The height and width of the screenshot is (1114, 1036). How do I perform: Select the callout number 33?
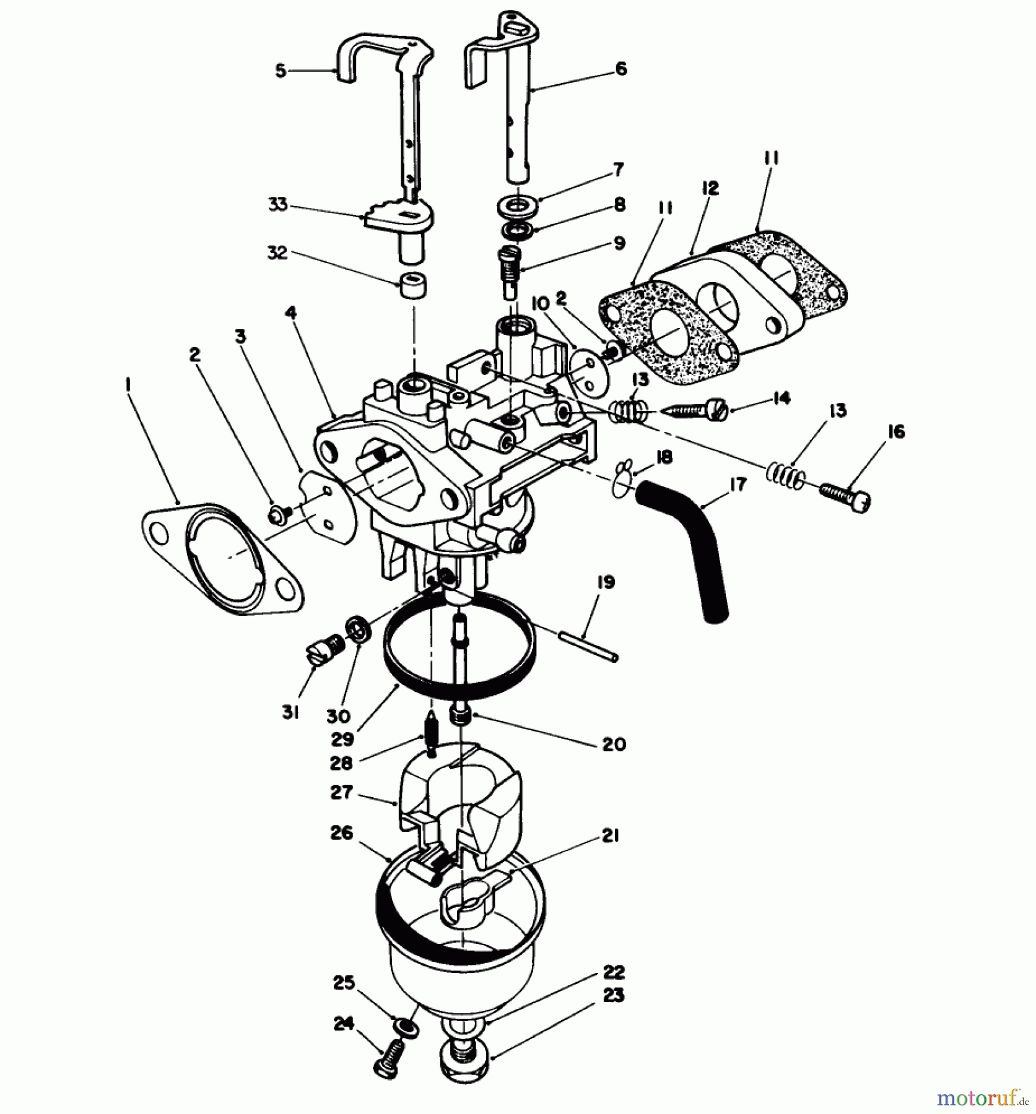[x=278, y=204]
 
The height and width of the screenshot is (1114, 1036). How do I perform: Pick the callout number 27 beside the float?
[x=341, y=792]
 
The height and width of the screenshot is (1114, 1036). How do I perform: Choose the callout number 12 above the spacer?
[x=710, y=188]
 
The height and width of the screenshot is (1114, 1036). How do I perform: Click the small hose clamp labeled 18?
[x=622, y=480]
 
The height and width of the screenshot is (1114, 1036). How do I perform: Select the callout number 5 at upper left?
[x=281, y=71]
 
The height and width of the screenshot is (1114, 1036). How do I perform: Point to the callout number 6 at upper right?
[x=621, y=68]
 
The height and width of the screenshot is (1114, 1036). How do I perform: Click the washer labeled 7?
[x=516, y=205]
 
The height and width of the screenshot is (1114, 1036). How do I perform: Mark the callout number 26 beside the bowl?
[x=341, y=832]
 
